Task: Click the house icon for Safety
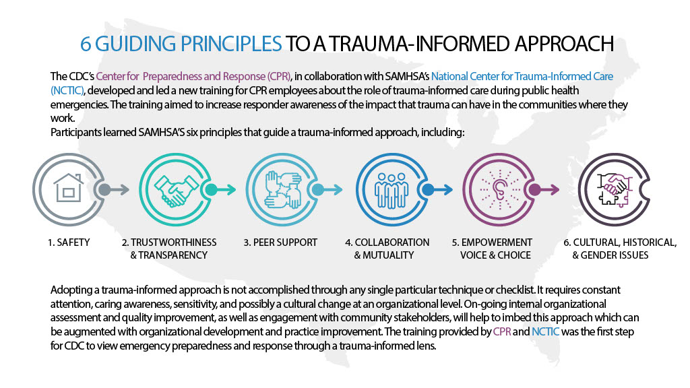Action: pyautogui.click(x=68, y=188)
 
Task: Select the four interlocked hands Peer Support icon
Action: pyautogui.click(x=282, y=189)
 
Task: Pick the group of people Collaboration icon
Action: pyautogui.click(x=391, y=190)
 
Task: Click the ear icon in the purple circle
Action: pyautogui.click(x=499, y=189)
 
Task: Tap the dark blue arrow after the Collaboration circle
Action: pyautogui.click(x=437, y=189)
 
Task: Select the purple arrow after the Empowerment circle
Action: pyautogui.click(x=544, y=189)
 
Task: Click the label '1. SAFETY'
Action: pyautogui.click(x=69, y=243)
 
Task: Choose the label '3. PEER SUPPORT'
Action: pyautogui.click(x=280, y=243)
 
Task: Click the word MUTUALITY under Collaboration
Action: pyautogui.click(x=389, y=255)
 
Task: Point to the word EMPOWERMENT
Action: pyautogui.click(x=497, y=243)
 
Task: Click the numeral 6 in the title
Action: pyautogui.click(x=86, y=44)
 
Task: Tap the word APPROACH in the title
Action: pyautogui.click(x=565, y=44)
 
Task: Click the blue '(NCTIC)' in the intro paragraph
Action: pyautogui.click(x=67, y=91)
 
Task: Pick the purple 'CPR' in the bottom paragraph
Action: pyautogui.click(x=502, y=331)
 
